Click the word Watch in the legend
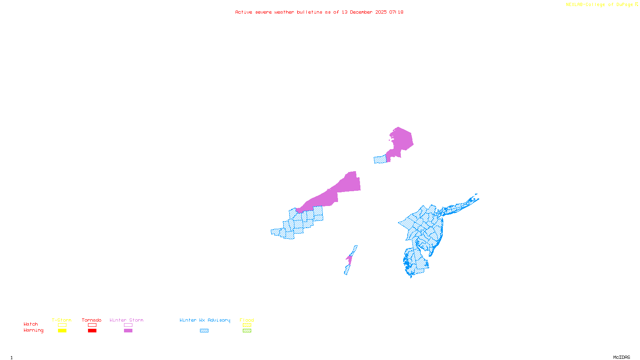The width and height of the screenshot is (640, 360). (x=31, y=324)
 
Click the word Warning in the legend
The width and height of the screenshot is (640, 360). (x=33, y=330)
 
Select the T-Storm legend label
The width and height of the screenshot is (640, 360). (x=62, y=320)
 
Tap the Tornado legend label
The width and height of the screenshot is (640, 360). (x=92, y=320)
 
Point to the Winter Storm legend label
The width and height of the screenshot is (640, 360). (x=126, y=320)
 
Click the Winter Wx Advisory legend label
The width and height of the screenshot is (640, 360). (x=205, y=320)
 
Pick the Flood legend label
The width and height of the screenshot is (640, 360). (x=247, y=320)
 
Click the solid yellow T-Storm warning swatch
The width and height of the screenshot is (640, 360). (x=62, y=331)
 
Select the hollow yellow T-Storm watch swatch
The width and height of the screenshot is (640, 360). (x=62, y=325)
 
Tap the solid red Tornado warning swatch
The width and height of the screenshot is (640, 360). (x=92, y=331)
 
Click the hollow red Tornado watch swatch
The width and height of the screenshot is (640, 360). (x=92, y=325)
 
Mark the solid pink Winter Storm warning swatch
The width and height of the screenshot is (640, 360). (x=128, y=331)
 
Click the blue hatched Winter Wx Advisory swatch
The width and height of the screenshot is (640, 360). (x=204, y=331)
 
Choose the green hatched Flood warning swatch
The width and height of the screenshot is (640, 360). (x=247, y=331)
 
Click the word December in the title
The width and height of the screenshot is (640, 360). (x=361, y=12)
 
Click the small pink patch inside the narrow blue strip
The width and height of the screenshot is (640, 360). (x=349, y=260)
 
